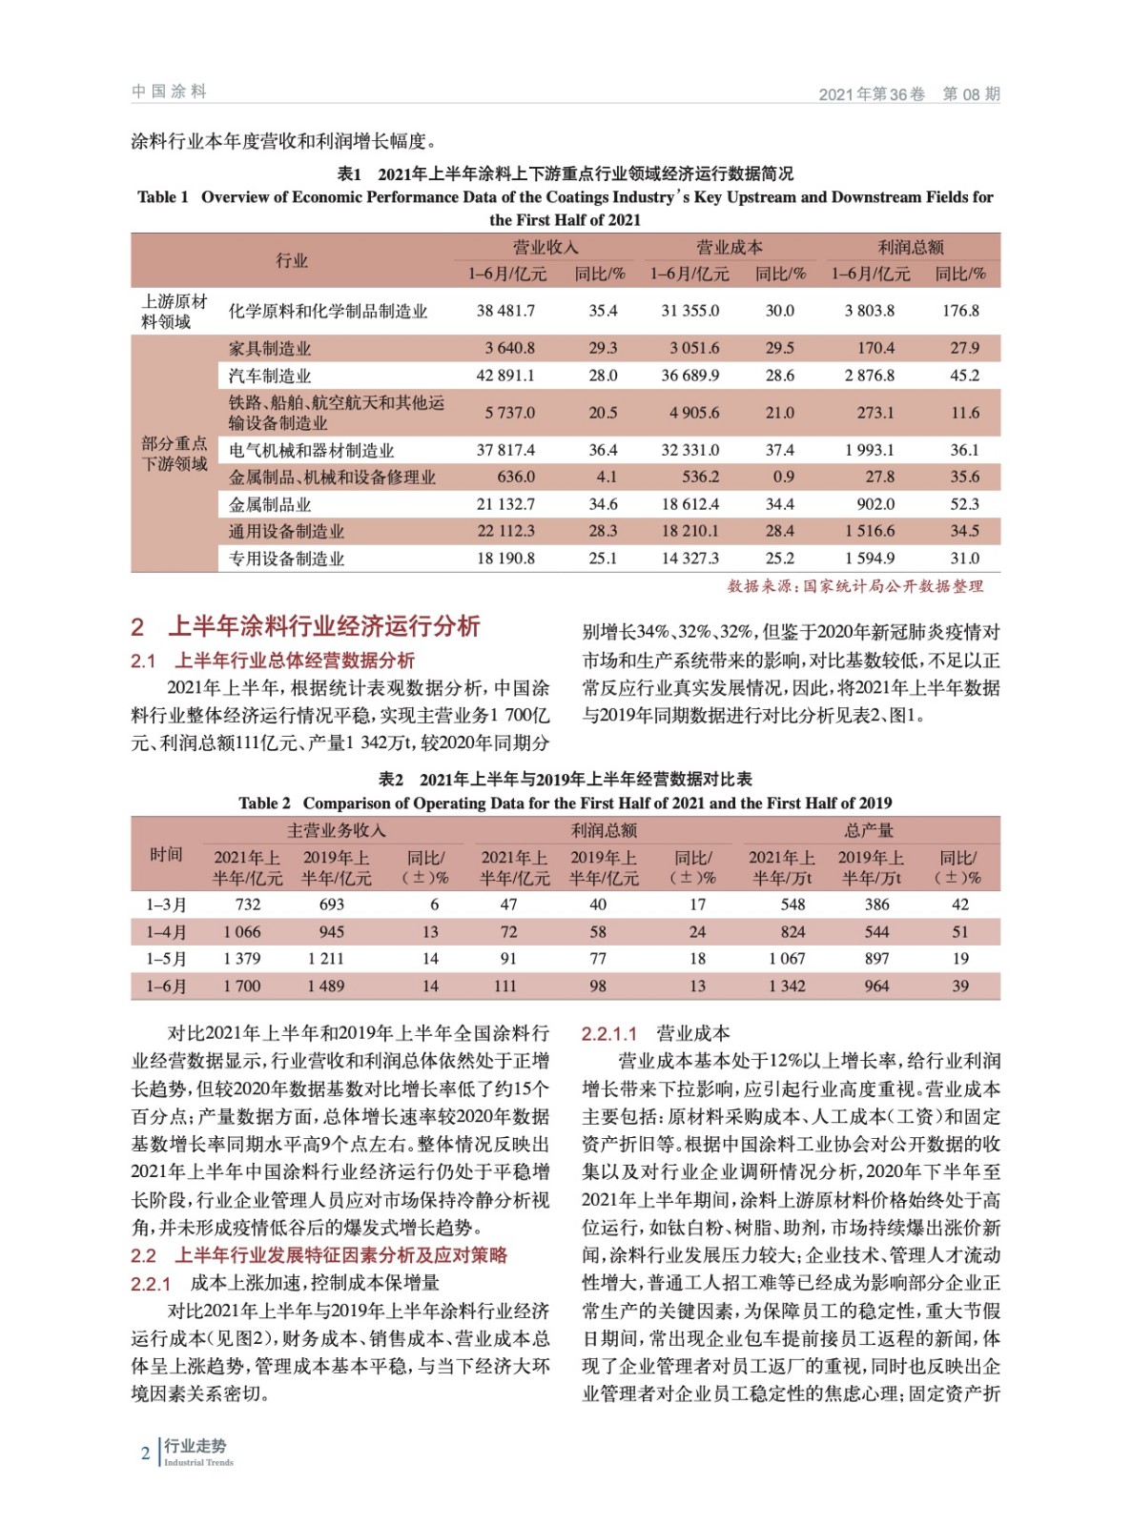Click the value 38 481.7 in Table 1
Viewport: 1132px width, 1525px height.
[x=505, y=311]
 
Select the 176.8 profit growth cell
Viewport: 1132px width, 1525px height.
[x=960, y=311]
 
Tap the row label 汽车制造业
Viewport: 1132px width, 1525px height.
[x=270, y=376]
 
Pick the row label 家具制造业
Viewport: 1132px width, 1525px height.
[x=270, y=349]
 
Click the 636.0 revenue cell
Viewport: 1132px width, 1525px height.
[x=516, y=477]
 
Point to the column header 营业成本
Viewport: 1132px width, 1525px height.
[x=729, y=248]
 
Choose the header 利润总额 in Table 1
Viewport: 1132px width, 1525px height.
[x=911, y=248]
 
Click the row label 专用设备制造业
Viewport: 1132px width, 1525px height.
[x=286, y=559]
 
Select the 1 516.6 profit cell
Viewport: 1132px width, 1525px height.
[x=869, y=531]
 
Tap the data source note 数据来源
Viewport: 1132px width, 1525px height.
[x=854, y=586]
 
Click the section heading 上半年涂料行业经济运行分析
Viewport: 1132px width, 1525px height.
[x=323, y=626]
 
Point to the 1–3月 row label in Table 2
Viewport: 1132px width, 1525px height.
[x=166, y=905]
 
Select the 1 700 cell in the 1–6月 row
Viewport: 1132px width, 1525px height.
[x=242, y=986]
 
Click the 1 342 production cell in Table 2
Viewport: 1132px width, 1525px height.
[x=787, y=986]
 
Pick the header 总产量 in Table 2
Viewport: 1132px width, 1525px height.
[x=868, y=830]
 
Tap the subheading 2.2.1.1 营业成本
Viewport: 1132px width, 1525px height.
[x=655, y=1033]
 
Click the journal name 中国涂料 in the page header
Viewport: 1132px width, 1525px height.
[x=169, y=91]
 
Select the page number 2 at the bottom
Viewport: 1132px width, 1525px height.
[x=146, y=1454]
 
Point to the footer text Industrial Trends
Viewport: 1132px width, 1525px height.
[x=198, y=1462]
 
